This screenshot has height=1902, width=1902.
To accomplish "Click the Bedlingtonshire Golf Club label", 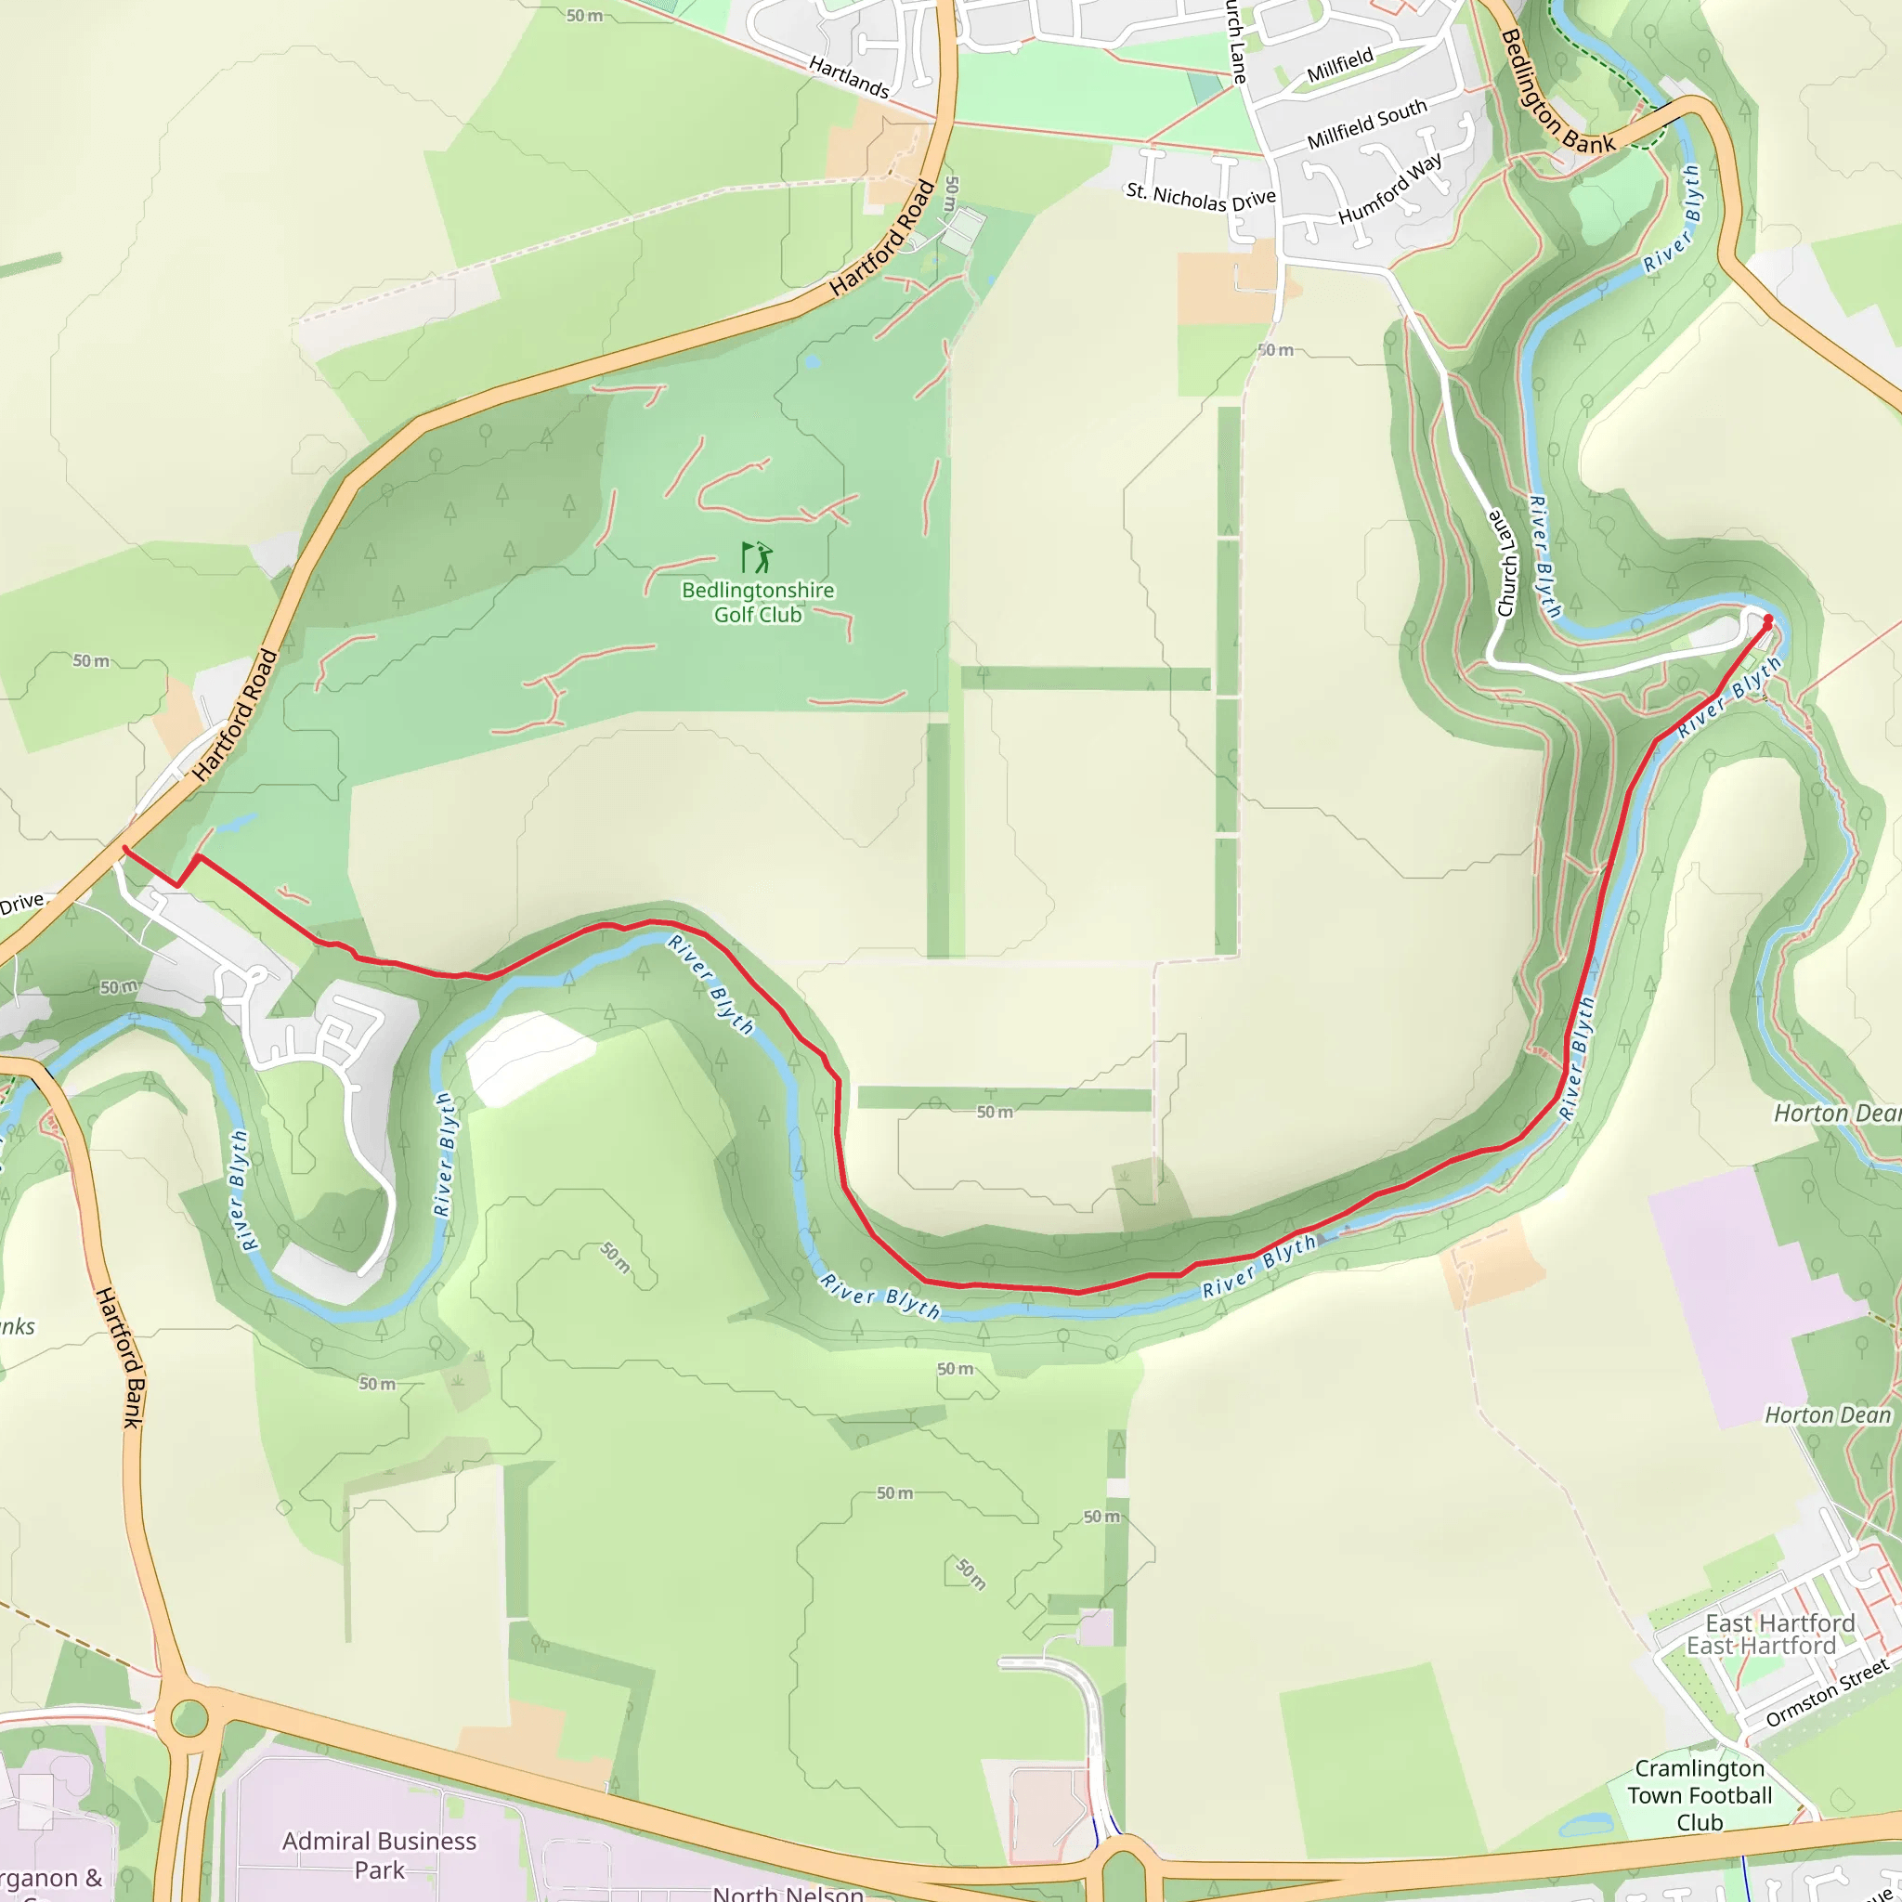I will point(757,603).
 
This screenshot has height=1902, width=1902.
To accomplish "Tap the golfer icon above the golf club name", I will point(757,557).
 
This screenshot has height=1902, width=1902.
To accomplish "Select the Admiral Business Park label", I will point(379,1855).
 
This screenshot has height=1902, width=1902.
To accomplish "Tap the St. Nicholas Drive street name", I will point(1200,197).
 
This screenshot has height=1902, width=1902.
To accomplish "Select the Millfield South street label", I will point(1366,125).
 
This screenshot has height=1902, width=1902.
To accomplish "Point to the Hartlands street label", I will point(849,77).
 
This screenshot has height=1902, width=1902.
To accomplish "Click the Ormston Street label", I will point(1827,1692).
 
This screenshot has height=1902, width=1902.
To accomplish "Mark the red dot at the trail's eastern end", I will point(1768,619).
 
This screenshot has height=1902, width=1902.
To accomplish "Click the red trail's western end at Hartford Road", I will point(125,849).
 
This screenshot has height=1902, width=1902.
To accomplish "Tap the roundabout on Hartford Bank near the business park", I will point(189,1719).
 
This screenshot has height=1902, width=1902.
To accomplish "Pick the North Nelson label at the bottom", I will point(788,1892).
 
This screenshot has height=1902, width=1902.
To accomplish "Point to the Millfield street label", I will point(1340,66).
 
